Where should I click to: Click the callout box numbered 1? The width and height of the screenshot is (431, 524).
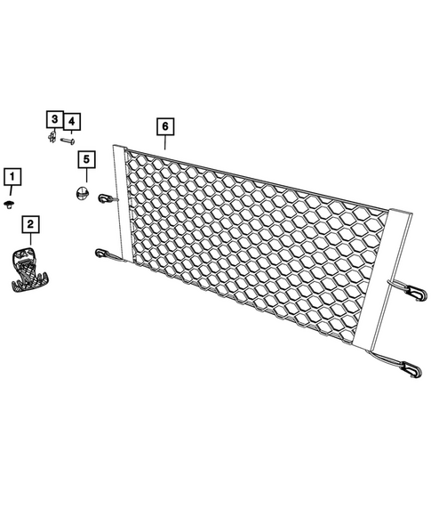tap(12, 177)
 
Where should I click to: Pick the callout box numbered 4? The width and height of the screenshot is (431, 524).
tap(70, 120)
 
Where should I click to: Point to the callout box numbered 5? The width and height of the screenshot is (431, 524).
tap(85, 160)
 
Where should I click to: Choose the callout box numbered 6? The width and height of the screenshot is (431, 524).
tap(164, 126)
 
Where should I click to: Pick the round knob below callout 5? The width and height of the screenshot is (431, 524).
tap(82, 194)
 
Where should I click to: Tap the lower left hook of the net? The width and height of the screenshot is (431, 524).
tap(101, 254)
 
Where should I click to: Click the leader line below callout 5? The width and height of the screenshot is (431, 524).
tap(85, 177)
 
